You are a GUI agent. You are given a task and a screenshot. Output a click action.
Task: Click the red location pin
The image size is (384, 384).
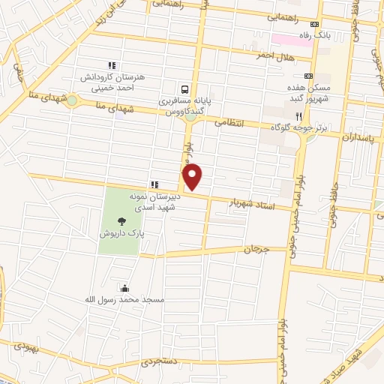(193, 176)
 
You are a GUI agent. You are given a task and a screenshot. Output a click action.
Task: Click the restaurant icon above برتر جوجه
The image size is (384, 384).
(298, 116)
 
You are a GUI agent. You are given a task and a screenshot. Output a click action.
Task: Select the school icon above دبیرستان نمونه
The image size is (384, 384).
(154, 184)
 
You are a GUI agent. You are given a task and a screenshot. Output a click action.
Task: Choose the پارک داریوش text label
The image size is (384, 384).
(121, 234)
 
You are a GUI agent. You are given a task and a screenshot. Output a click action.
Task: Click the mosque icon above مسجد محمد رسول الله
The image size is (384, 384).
(124, 287)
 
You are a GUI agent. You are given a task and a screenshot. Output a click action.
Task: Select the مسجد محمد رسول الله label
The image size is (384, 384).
(124, 299)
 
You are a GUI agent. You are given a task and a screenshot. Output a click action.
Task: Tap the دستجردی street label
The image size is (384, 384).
(158, 361)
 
